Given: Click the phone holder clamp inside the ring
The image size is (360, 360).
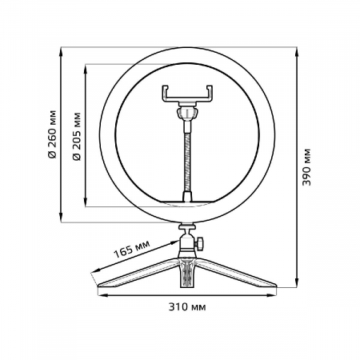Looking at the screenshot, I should point(189,94).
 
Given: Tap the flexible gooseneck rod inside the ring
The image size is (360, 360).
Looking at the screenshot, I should point(189,156).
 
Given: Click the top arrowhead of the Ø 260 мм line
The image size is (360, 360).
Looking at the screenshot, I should point(62,50).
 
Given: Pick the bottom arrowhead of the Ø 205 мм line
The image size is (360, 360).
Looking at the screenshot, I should point(86,204).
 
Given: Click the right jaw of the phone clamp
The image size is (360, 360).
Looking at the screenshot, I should point(211,94).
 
